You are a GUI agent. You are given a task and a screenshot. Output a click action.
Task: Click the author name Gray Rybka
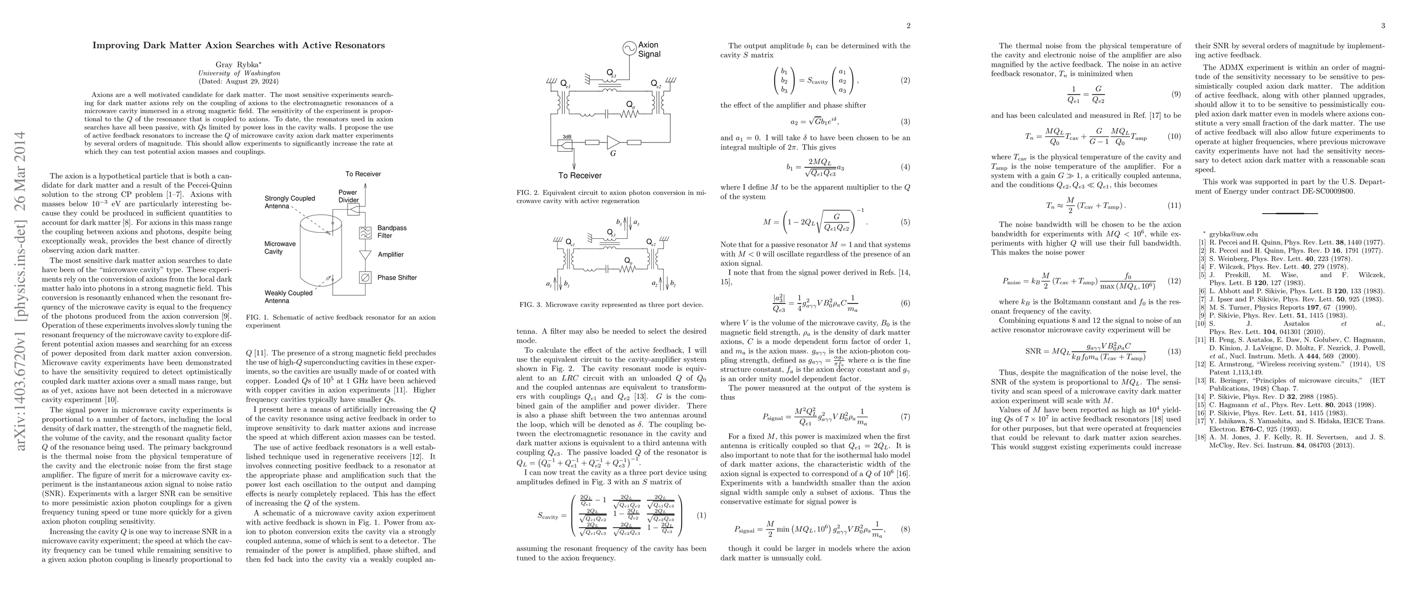coord(239,64)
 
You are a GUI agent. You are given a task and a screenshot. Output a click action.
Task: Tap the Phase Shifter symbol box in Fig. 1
coord(365,278)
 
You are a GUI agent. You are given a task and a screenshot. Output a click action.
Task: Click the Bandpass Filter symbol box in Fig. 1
coord(365,232)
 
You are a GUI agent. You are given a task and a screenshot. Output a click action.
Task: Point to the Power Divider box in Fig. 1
coord(353,209)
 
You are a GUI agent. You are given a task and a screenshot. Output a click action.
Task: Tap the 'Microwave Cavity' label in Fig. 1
coord(280,247)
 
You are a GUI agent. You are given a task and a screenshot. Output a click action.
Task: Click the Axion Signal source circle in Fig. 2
coord(629,49)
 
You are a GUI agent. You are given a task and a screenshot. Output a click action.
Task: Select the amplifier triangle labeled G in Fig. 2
coord(613,142)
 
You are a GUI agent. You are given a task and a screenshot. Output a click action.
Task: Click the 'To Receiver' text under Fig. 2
coord(580,175)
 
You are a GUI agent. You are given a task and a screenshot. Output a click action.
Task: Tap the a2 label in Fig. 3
coord(655,284)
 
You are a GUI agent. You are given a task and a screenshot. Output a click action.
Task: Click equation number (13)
coord(1174,352)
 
